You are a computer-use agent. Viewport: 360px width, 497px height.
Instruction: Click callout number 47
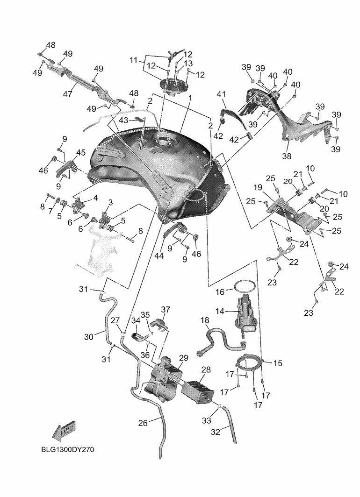68,93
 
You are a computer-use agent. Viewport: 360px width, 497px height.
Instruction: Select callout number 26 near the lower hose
143,423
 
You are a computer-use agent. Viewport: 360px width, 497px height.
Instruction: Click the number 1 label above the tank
190,98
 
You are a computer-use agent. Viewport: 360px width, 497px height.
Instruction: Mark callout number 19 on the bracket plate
271,187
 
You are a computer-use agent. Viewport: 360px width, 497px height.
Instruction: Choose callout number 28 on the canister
206,369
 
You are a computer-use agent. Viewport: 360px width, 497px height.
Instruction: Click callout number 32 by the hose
216,432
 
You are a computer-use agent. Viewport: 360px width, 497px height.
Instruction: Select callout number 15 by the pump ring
278,362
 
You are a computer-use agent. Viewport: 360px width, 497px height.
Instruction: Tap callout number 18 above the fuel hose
205,320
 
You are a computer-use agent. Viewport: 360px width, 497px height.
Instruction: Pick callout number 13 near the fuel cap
188,63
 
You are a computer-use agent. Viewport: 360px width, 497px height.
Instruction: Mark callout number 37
166,309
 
